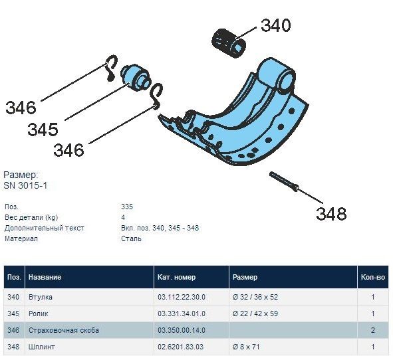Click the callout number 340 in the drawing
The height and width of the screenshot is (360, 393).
(x=276, y=25)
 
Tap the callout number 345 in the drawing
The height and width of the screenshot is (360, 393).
(x=43, y=130)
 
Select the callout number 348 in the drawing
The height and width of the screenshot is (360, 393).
(x=331, y=214)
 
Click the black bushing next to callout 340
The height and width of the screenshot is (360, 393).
(x=229, y=44)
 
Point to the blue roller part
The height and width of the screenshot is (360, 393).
(x=136, y=77)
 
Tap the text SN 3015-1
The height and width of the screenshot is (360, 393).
(x=25, y=185)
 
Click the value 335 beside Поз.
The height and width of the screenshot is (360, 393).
(x=127, y=207)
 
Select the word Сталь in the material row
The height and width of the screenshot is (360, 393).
(x=131, y=238)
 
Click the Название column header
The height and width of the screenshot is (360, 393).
(x=45, y=277)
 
